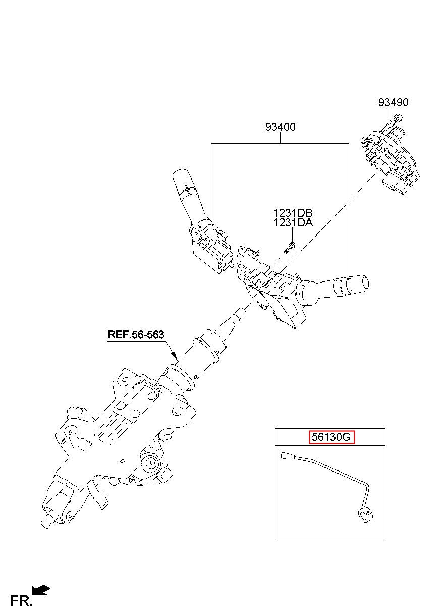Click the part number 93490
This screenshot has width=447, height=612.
(x=393, y=103)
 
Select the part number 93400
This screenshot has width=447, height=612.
(x=280, y=127)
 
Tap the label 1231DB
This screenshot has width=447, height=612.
(x=293, y=213)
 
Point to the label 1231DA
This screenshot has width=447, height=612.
(x=293, y=222)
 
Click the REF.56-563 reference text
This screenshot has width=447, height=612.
(x=136, y=334)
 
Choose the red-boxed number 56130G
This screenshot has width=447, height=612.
(x=331, y=437)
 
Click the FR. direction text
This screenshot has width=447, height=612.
(x=21, y=601)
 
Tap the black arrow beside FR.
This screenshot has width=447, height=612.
(x=41, y=590)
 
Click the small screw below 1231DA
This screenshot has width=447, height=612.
(x=289, y=248)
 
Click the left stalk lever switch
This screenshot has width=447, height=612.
(x=189, y=197)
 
